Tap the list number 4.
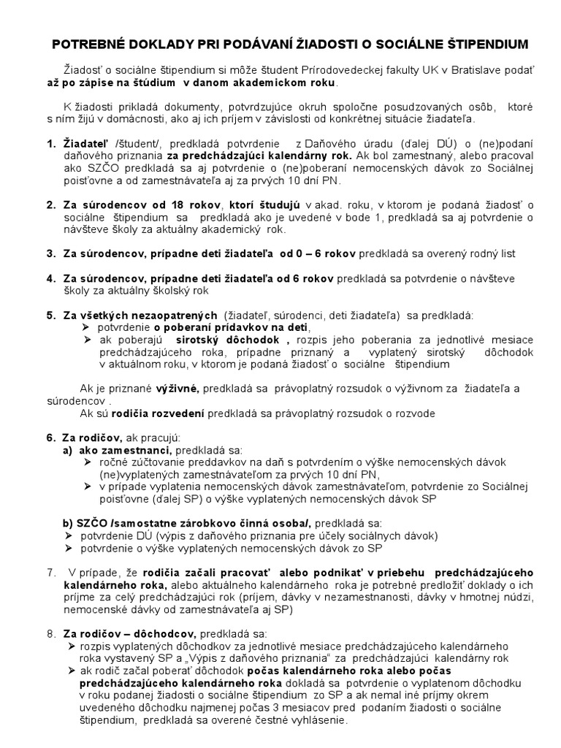coord(50,278)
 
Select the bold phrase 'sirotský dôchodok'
coord(230,340)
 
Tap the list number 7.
coord(50,572)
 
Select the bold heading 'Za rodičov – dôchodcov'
coord(120,633)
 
